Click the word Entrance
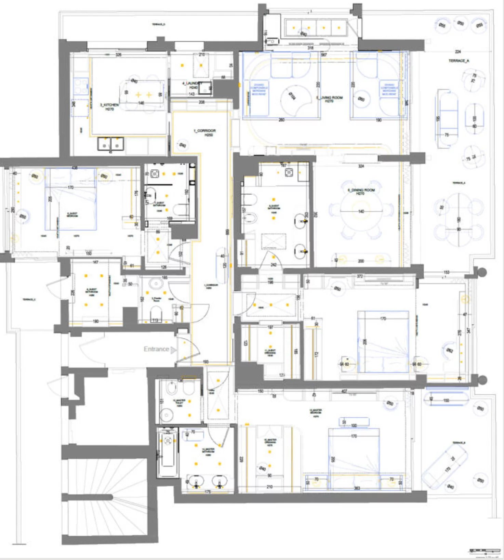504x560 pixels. pos(156,349)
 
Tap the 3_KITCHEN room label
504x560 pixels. pos(109,106)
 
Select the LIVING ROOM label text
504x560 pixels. pos(329,99)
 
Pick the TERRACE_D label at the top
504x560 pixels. pos(158,25)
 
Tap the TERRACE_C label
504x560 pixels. pos(29,300)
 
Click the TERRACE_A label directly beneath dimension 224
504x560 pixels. pos(459,61)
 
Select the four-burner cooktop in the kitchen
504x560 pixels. pos(81,86)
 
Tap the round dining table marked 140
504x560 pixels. pos(361,211)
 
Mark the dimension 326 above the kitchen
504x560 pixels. pos(118,55)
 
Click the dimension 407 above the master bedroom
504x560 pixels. pos(344,391)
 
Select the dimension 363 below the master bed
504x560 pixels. pos(357,488)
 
